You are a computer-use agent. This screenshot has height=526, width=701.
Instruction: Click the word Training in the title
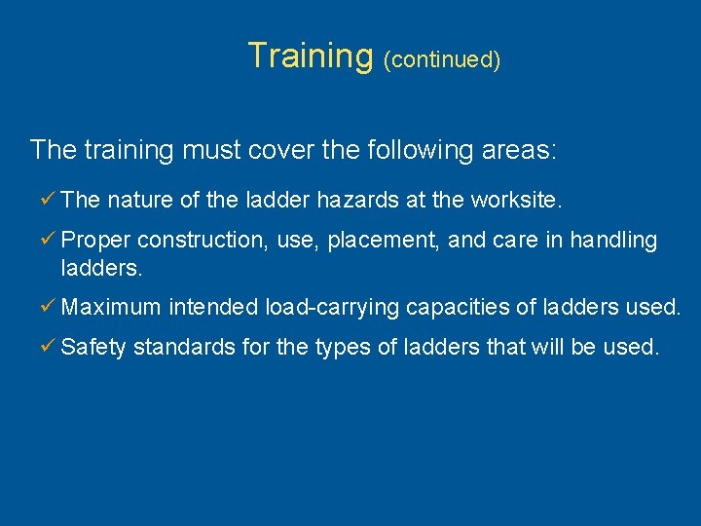point(311,56)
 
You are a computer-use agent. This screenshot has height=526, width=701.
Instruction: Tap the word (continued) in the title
point(442,59)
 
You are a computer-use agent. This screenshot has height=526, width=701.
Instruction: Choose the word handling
point(613,240)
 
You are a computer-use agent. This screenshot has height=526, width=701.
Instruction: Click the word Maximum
point(110,308)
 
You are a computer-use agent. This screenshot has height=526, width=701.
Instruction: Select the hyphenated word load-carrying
point(332,309)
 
